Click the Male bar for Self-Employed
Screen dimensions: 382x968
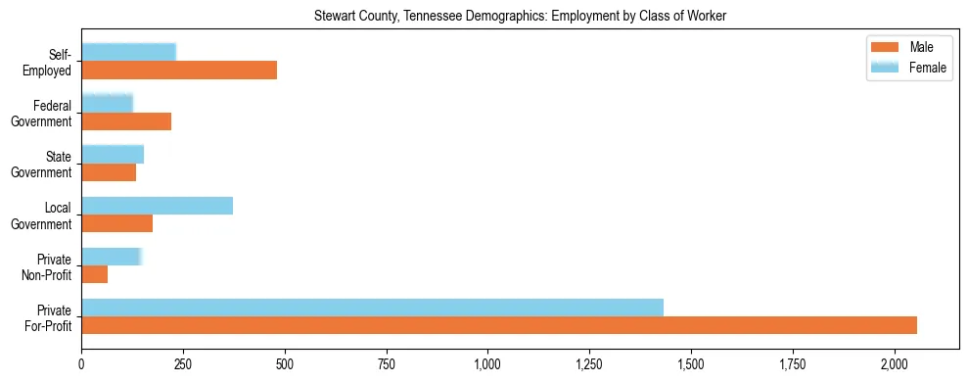pyautogui.click(x=179, y=71)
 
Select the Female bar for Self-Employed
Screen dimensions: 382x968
pyautogui.click(x=129, y=52)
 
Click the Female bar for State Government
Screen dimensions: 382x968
pyautogui.click(x=113, y=154)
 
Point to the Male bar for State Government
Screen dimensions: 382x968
pyautogui.click(x=109, y=172)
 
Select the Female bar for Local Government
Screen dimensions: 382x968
pyautogui.click(x=158, y=205)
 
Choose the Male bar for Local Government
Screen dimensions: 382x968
pyautogui.click(x=117, y=223)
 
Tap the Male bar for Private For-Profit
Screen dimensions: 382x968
pyautogui.click(x=499, y=325)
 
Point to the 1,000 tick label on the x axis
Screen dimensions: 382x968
pyautogui.click(x=487, y=364)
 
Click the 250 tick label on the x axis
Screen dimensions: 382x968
pyautogui.click(x=183, y=364)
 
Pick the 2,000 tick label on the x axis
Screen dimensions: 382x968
pyautogui.click(x=894, y=364)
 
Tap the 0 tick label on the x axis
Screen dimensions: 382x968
pyautogui.click(x=81, y=364)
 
